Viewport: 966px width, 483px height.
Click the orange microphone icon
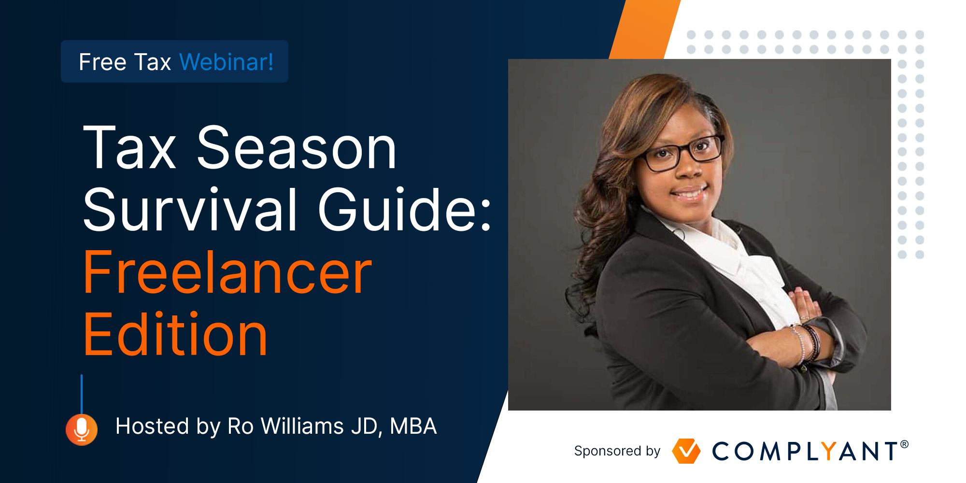coord(82,429)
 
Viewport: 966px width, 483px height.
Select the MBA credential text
coord(413,426)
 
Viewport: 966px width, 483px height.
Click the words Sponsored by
coord(617,451)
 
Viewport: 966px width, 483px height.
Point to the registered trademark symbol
coord(905,444)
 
